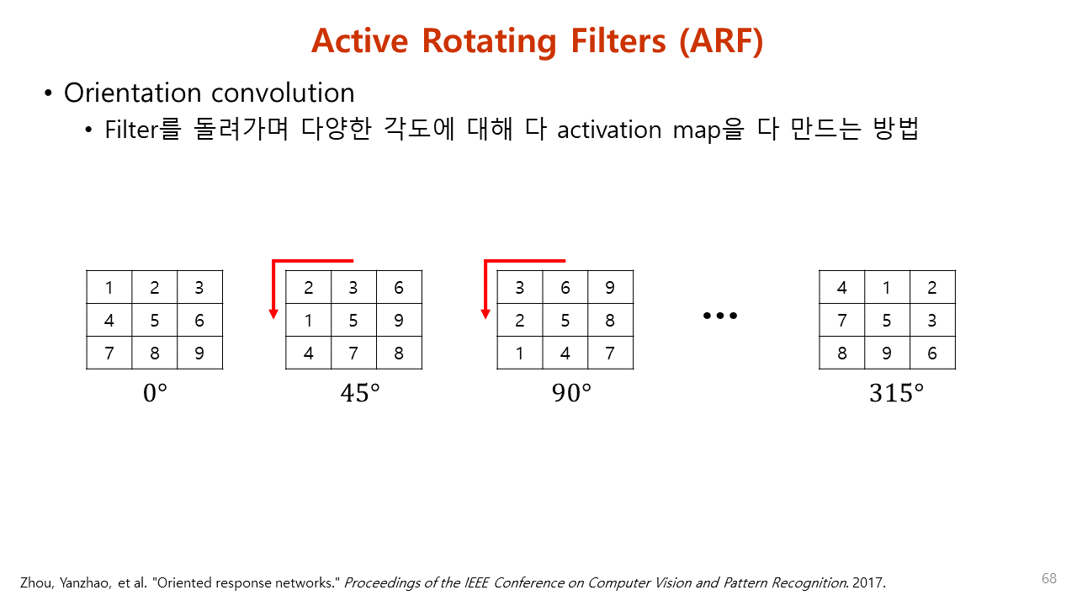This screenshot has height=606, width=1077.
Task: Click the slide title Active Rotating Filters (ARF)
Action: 537,40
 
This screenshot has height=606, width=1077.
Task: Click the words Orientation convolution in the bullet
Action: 209,93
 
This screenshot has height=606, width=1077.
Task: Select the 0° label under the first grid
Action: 155,393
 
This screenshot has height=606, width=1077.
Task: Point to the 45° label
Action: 360,393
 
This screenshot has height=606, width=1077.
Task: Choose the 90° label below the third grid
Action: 572,393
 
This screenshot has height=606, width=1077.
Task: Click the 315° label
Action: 896,393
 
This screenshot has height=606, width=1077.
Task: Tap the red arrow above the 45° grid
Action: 311,262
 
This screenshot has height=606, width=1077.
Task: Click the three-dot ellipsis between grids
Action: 719,316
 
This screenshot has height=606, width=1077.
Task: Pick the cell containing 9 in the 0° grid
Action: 199,353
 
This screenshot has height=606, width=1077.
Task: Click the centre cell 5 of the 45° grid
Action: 353,321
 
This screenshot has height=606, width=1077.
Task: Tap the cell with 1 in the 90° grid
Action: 520,353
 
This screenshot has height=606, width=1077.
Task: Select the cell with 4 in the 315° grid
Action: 842,288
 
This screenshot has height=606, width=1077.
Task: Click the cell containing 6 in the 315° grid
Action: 932,353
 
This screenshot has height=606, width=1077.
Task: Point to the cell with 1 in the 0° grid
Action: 109,288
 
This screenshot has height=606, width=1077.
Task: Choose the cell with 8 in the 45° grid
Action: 399,353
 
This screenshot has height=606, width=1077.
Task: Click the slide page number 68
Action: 1048,578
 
